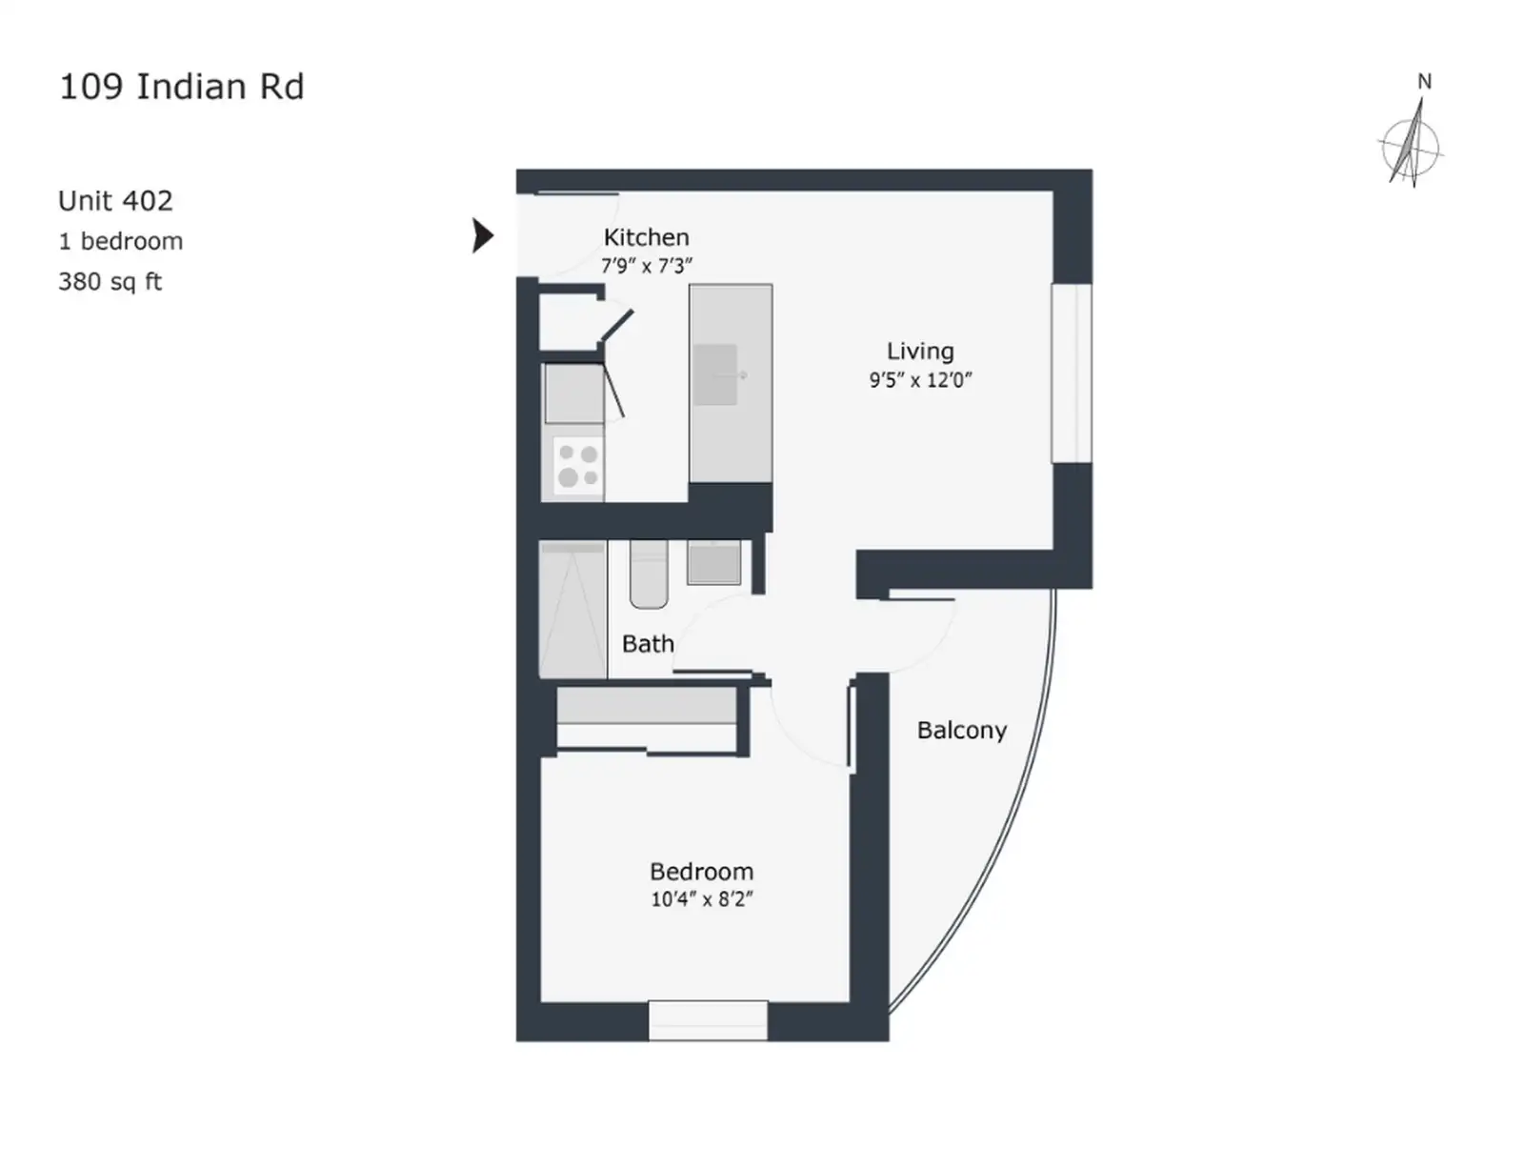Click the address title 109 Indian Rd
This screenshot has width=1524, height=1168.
[x=182, y=87]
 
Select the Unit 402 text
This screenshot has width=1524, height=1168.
[x=115, y=201]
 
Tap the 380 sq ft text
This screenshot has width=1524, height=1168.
[x=110, y=282]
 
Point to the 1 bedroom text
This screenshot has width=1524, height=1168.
[x=121, y=241]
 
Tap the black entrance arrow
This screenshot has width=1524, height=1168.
[x=483, y=235]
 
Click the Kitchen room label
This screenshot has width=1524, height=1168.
[x=646, y=237]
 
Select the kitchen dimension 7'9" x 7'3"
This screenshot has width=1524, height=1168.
[x=646, y=266]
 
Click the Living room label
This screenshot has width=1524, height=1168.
[x=920, y=351]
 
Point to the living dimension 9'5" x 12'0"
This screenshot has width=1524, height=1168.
[x=920, y=379]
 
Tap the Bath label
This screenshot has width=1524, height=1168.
[x=648, y=643]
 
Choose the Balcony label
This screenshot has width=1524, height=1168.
[x=961, y=731]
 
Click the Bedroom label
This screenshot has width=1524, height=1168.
[x=701, y=872]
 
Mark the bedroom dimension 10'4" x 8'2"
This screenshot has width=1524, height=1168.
[x=701, y=898]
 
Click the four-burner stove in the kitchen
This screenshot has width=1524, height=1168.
[x=578, y=465]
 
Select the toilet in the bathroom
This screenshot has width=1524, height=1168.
[x=648, y=574]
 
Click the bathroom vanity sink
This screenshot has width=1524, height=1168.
[x=714, y=562]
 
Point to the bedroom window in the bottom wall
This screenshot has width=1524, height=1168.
[x=708, y=1020]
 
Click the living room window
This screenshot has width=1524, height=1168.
[x=1072, y=373]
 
